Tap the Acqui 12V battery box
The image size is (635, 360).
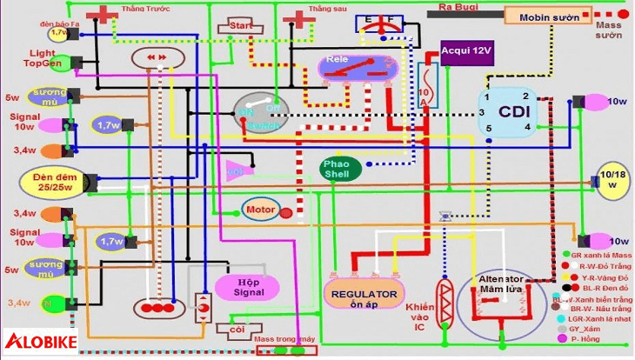(465, 52)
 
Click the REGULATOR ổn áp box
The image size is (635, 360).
(365, 294)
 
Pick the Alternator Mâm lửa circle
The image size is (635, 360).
(500, 300)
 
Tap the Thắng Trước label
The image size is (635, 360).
(144, 8)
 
